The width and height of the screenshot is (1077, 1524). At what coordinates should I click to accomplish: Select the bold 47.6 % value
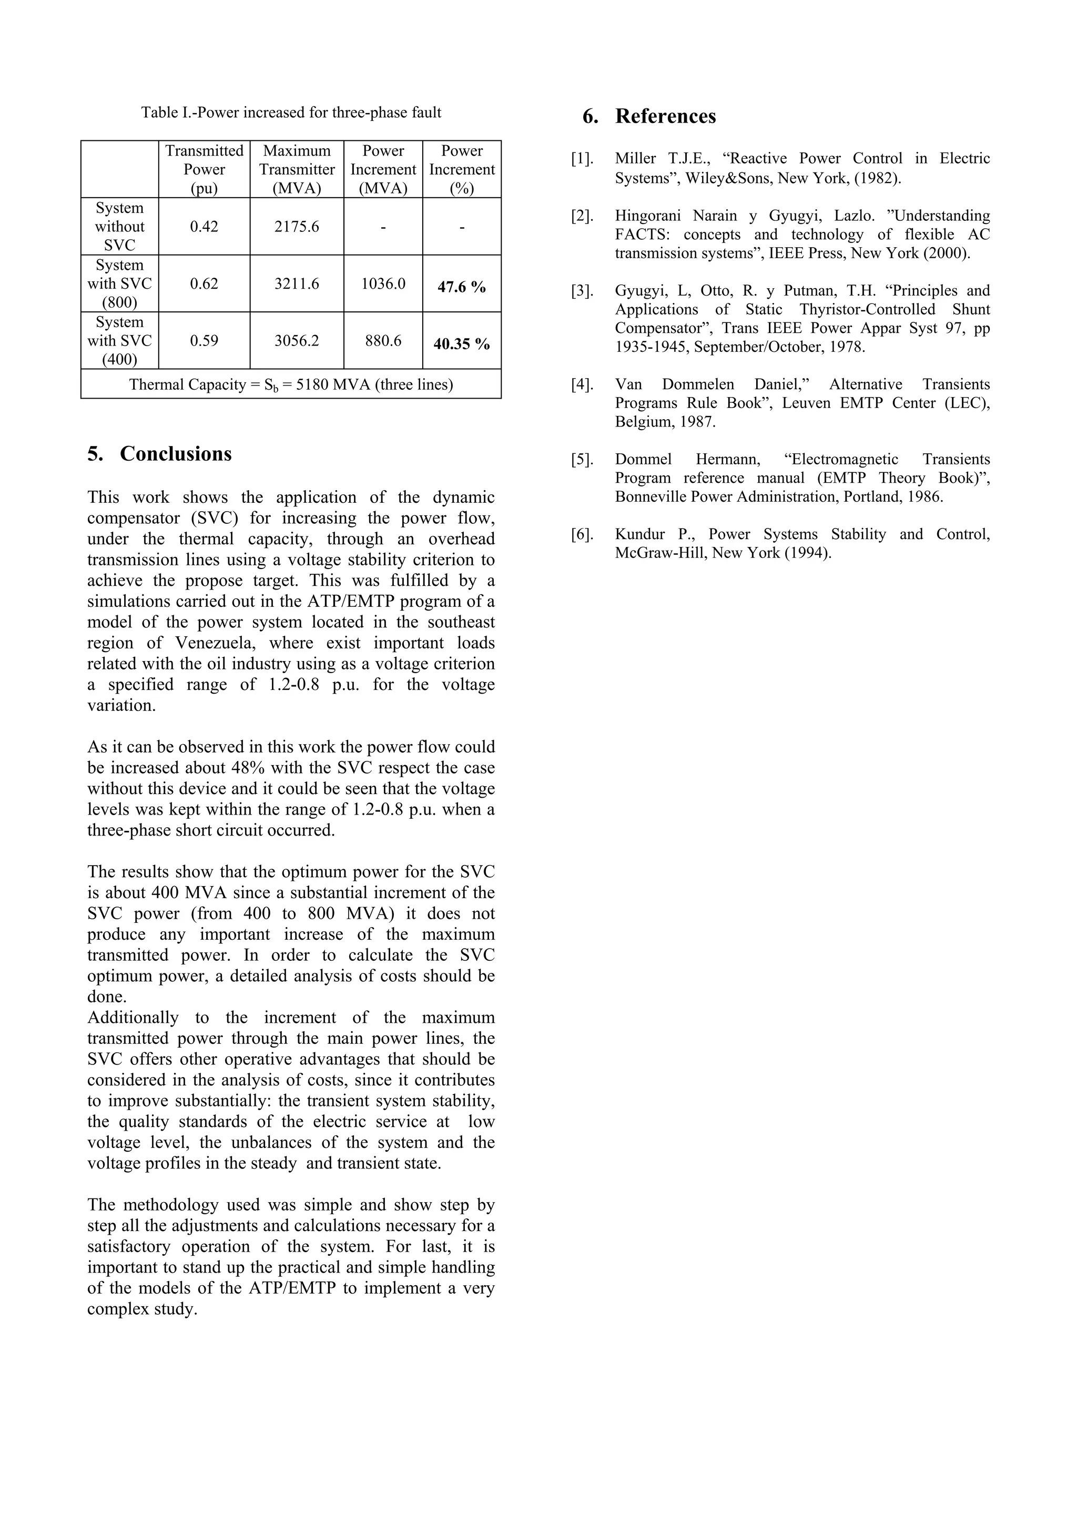461,287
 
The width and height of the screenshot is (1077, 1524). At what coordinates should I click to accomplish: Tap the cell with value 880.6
383,341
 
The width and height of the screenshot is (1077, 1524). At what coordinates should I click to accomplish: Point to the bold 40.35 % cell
461,344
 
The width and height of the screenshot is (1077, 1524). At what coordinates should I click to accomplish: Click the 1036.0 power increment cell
383,284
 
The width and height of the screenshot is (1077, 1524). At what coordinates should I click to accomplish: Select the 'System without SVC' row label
119,226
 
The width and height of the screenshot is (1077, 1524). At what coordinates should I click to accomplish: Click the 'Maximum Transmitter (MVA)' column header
297,169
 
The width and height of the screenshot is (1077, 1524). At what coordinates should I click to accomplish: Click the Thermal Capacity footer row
291,385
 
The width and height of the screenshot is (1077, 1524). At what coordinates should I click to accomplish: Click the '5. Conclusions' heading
159,454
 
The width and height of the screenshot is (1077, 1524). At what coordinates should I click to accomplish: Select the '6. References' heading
649,117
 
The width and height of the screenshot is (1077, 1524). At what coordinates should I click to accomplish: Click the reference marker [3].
582,291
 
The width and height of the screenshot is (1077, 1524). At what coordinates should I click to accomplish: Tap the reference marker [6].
582,534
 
